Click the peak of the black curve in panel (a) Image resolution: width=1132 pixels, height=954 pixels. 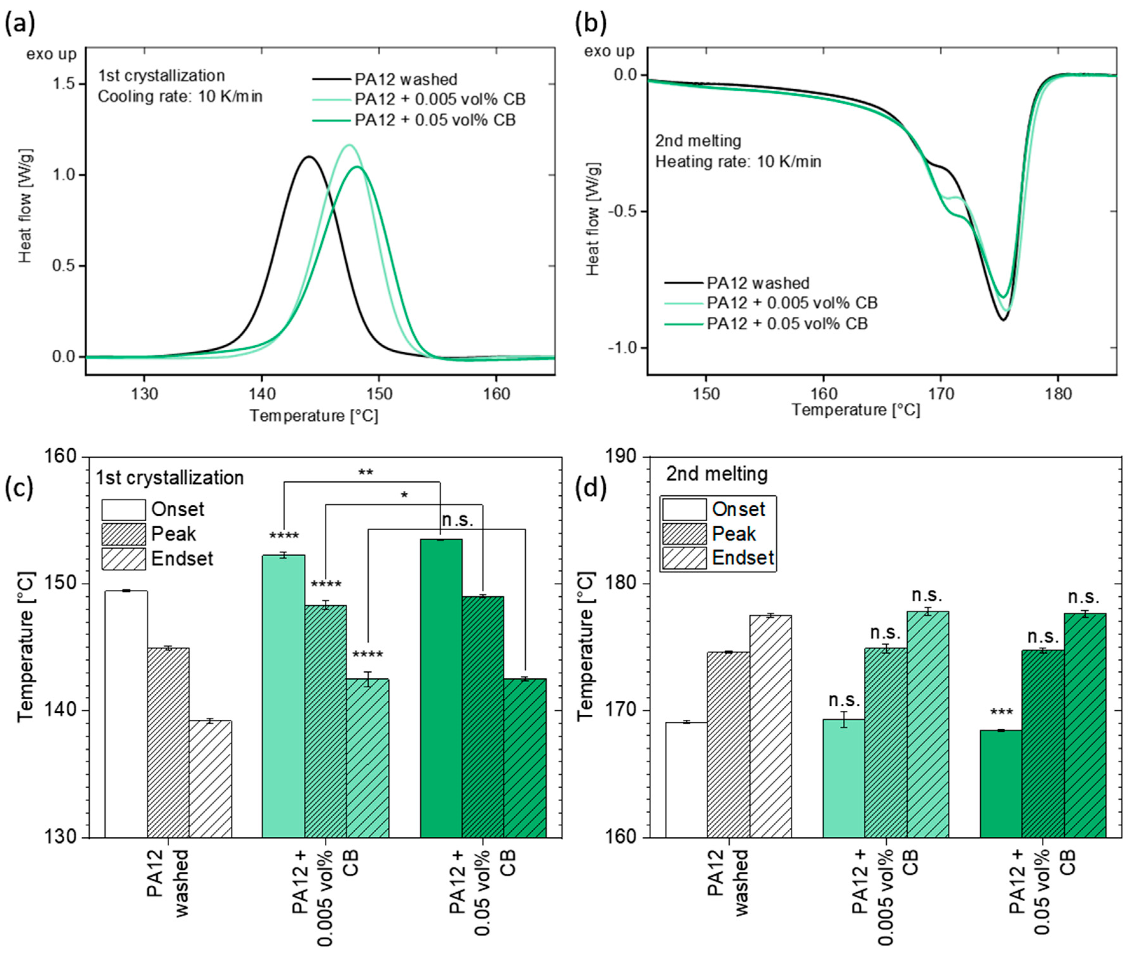tap(309, 157)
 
